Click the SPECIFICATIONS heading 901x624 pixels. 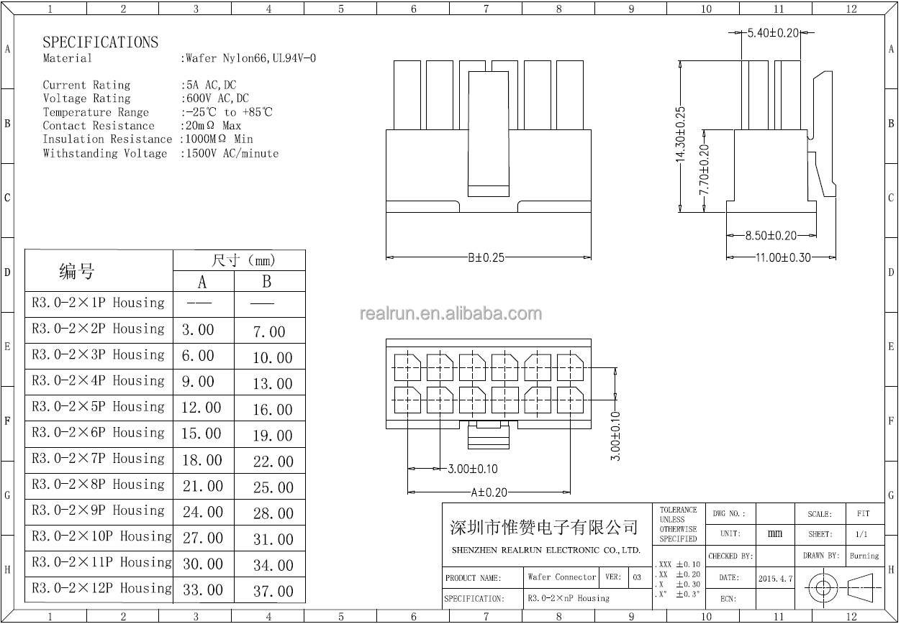tap(101, 42)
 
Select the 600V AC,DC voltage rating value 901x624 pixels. tap(217, 98)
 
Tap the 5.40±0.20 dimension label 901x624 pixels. tap(773, 33)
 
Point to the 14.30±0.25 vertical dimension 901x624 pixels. tap(680, 134)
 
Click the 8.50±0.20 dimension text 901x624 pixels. tap(771, 236)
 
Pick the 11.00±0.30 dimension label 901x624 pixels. tap(783, 257)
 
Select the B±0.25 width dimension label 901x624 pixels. tap(486, 257)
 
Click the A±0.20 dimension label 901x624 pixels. tap(489, 492)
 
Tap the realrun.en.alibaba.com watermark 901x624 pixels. tap(450, 313)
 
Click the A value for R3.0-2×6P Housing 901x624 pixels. tap(201, 433)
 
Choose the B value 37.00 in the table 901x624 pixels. tap(273, 591)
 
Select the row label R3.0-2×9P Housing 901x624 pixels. tap(98, 510)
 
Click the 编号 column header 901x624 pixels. tap(76, 271)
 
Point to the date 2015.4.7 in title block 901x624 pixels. tap(775, 579)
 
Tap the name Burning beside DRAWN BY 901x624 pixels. tap(864, 556)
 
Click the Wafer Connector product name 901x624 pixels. tap(561, 577)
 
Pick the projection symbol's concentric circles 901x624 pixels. tap(823, 588)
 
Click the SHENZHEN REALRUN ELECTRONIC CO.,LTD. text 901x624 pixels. tap(545, 550)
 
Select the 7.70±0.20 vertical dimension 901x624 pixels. tap(705, 170)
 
